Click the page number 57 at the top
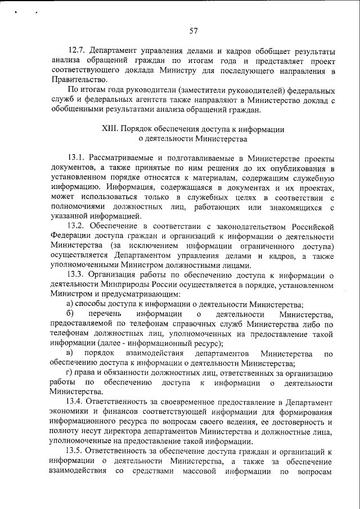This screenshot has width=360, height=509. coord(193,30)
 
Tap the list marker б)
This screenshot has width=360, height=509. coord(70,314)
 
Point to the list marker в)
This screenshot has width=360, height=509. coord(70,353)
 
